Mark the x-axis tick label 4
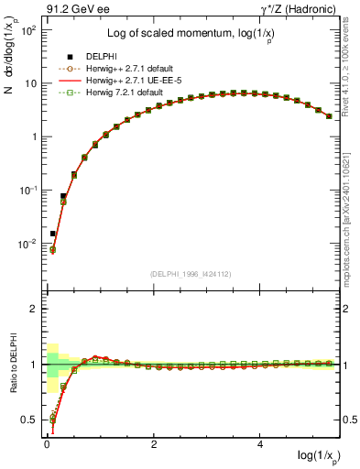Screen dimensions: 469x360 pyautogui.click(x=262, y=444)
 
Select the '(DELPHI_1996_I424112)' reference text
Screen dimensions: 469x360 pyautogui.click(x=190, y=274)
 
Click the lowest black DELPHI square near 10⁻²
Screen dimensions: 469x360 pyautogui.click(x=52, y=234)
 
